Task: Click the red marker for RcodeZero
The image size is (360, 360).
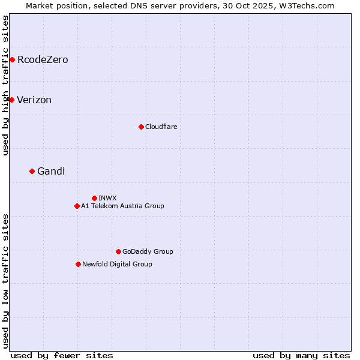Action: tap(12, 59)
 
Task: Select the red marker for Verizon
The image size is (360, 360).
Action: tap(11, 100)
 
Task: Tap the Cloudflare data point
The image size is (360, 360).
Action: tap(141, 127)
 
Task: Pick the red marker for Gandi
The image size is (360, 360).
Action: tap(32, 171)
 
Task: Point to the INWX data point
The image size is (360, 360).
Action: tap(94, 198)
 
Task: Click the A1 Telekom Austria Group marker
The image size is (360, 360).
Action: tap(77, 206)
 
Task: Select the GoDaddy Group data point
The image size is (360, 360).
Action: tap(118, 251)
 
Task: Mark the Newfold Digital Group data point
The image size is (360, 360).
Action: tap(78, 264)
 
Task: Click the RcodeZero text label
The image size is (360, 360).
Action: tap(43, 59)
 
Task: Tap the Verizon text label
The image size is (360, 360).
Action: tap(34, 100)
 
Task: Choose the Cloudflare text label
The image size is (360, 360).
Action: tap(161, 127)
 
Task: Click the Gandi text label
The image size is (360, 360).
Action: tap(51, 172)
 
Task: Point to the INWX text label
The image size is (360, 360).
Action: tap(107, 198)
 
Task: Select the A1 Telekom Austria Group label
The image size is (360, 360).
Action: tap(122, 206)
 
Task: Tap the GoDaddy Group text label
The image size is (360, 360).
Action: tap(148, 251)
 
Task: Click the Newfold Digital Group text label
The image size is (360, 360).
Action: tap(117, 264)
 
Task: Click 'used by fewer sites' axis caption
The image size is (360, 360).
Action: tap(62, 355)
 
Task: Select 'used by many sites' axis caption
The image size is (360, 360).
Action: tap(301, 355)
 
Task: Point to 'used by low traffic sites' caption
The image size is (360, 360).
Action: tap(5, 281)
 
